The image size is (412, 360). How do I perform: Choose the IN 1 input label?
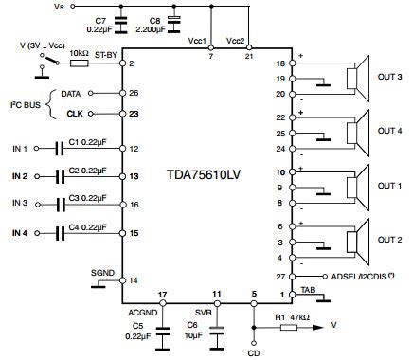tap(20, 149)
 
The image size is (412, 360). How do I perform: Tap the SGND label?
tap(102, 273)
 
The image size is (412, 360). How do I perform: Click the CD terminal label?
tap(254, 354)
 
